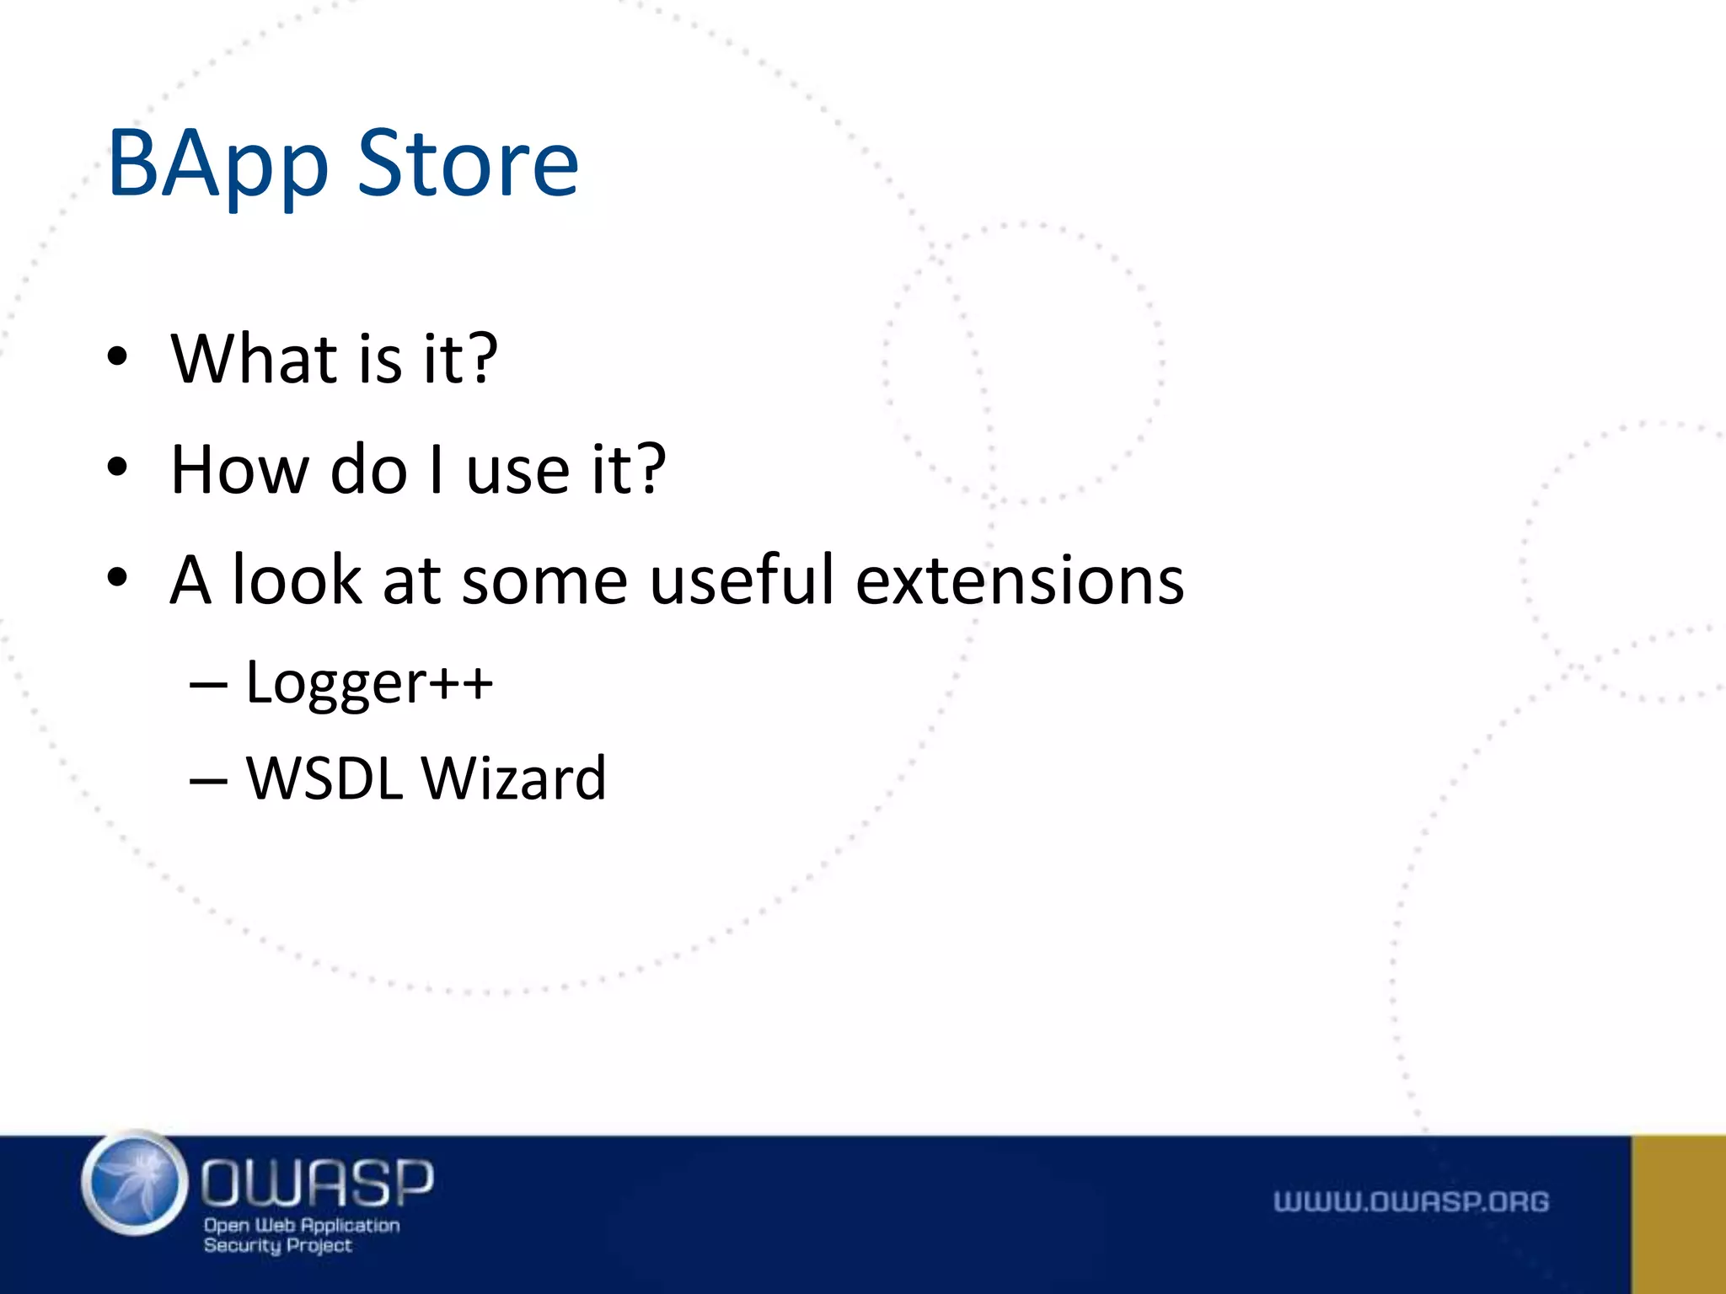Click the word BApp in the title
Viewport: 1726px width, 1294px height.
pos(217,167)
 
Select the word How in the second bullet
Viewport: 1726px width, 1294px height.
pos(239,469)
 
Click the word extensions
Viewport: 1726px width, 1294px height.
pos(1020,581)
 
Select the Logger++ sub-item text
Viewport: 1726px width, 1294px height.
pos(369,683)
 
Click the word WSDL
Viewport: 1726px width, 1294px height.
pos(324,778)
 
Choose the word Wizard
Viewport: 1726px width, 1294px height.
pos(513,778)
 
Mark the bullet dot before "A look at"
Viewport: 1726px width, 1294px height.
pos(117,579)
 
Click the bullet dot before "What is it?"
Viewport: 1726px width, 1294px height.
pos(117,356)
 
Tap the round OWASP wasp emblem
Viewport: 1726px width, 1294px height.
pos(135,1184)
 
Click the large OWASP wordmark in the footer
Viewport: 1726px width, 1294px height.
pos(317,1182)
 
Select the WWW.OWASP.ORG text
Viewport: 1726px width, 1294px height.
pos(1411,1202)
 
